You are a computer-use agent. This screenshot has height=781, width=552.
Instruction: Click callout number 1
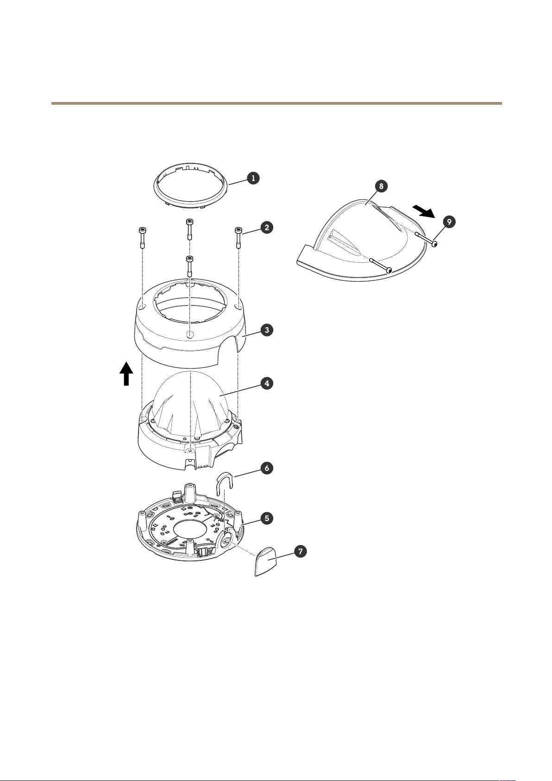point(253,178)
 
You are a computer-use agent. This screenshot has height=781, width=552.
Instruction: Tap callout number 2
point(266,227)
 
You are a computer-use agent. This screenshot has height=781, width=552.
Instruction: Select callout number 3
point(266,330)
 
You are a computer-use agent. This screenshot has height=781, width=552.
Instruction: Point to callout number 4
point(266,383)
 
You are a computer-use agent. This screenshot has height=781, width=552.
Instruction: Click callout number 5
point(266,518)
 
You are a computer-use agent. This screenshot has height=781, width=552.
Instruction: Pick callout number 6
point(266,468)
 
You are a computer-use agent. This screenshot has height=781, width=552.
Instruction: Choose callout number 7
point(301,552)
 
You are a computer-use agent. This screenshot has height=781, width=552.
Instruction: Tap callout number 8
point(380,186)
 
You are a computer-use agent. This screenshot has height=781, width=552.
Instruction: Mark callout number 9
point(448,222)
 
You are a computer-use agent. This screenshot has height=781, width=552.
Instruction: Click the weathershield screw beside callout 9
point(426,239)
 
